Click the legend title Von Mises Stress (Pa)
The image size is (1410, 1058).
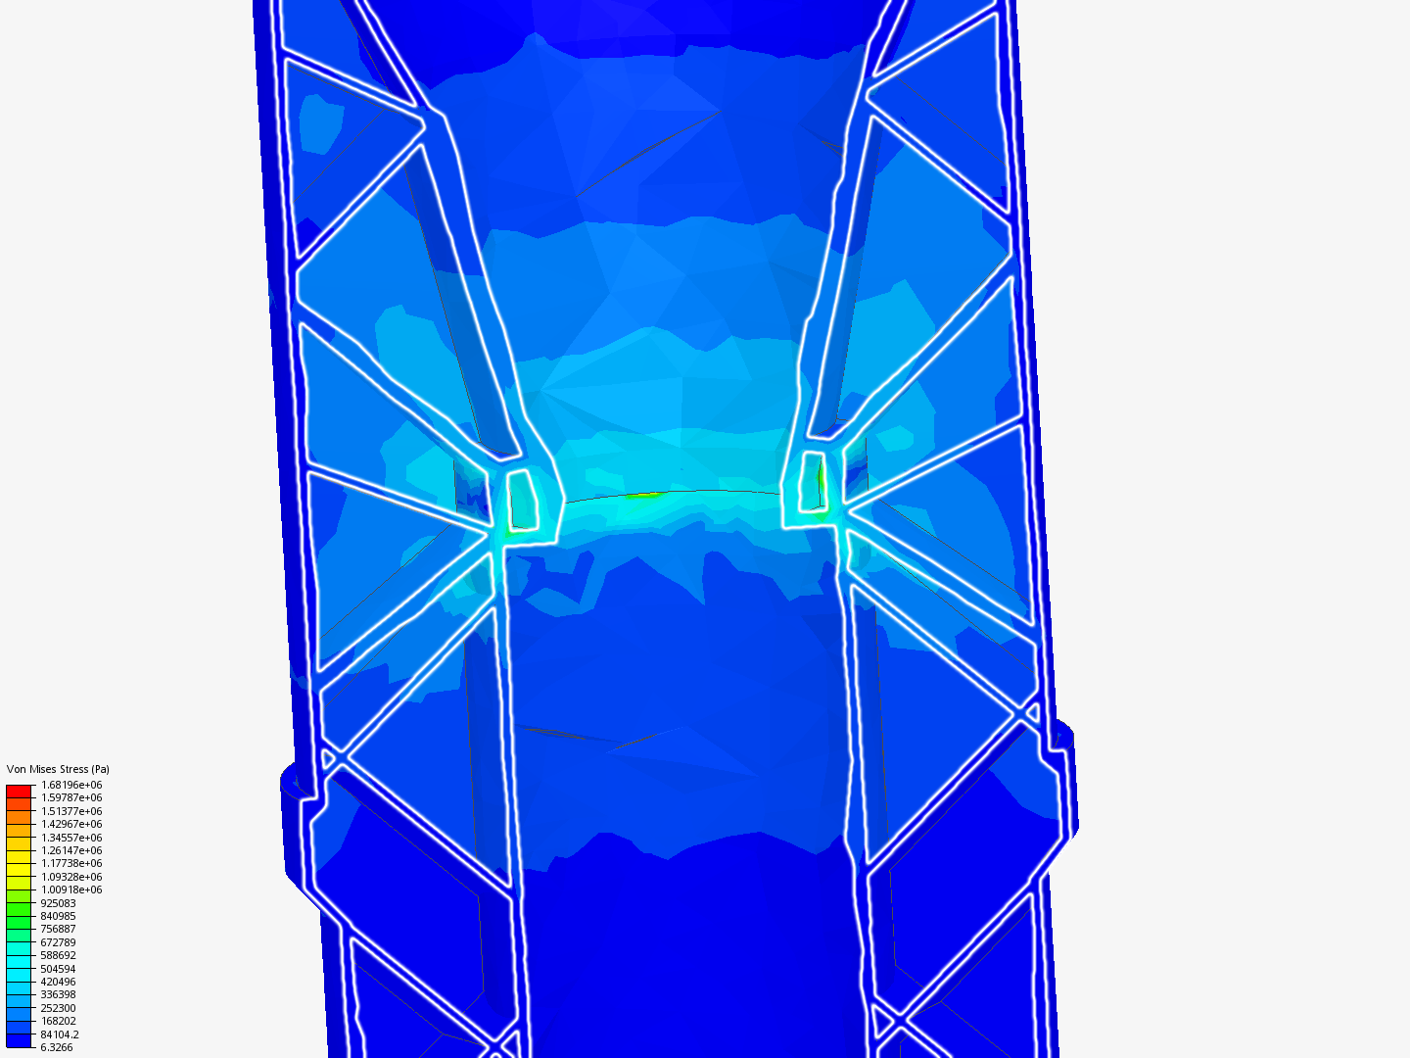pos(58,769)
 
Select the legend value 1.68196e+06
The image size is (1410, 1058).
pos(71,785)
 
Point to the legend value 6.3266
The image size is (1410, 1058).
pos(57,1048)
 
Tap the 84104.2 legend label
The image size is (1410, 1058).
pos(60,1034)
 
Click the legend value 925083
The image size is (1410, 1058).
pos(58,903)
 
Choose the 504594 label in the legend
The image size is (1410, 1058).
pos(58,969)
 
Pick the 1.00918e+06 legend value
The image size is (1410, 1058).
pos(71,890)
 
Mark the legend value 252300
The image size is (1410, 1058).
pos(58,1009)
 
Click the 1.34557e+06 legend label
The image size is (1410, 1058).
pos(71,838)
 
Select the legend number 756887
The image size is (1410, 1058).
pos(58,929)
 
